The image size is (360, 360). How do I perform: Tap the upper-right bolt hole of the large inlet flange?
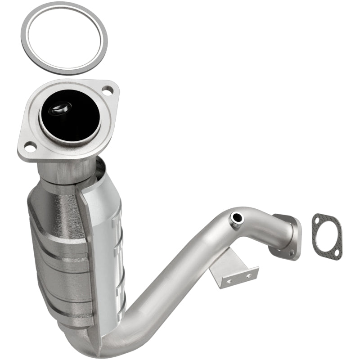click(107, 92)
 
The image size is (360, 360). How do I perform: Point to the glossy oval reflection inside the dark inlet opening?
click(61, 108)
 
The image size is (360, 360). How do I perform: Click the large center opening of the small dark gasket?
click(327, 235)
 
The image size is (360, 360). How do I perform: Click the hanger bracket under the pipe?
click(234, 270)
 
